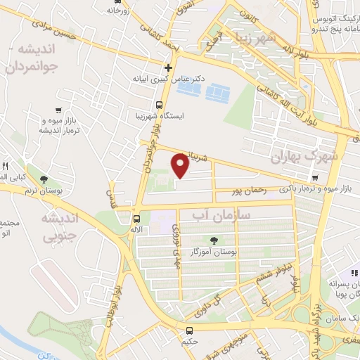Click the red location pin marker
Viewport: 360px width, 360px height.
[180, 165]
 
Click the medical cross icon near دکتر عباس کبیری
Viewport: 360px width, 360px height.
[168, 68]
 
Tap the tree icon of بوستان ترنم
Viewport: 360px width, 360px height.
[45, 180]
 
